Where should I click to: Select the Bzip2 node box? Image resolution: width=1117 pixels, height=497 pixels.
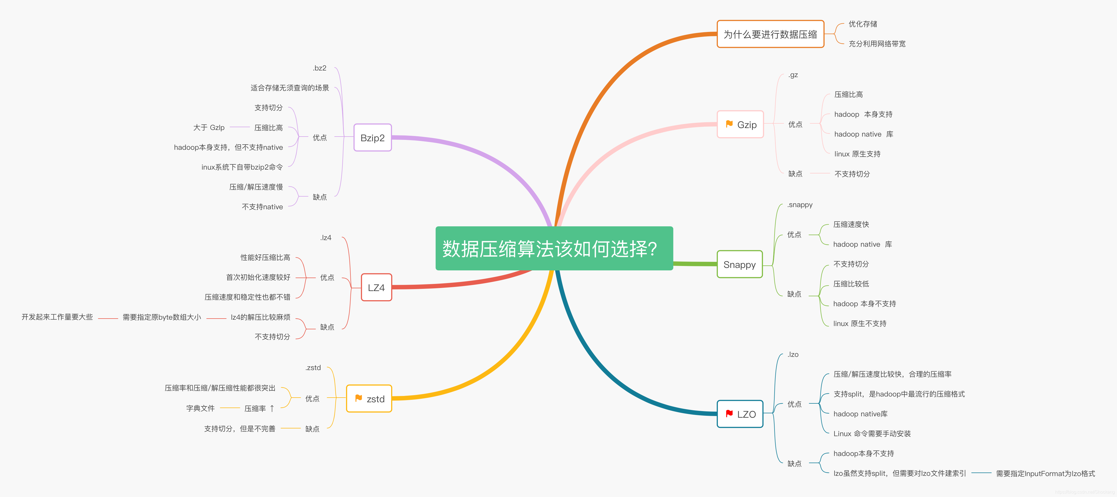coord(372,138)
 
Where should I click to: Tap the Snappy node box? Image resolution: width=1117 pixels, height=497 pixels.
coord(739,264)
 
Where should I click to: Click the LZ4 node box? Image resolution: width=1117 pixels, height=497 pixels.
coord(376,287)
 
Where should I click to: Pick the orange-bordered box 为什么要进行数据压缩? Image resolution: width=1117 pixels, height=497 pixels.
coord(770,34)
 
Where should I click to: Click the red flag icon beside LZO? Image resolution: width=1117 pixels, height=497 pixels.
coord(729,414)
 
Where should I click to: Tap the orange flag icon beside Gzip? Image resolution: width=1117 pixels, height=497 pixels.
coord(729,124)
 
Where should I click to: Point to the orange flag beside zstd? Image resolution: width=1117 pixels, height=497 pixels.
coord(358,398)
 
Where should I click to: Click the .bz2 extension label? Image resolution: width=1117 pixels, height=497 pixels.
coord(320,68)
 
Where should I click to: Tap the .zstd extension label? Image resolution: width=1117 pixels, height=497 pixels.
coord(313,368)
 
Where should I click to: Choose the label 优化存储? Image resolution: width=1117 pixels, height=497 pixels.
coord(863,24)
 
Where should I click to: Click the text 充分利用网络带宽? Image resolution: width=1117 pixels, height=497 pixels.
coord(877,44)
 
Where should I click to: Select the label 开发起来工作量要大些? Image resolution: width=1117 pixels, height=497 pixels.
coord(57,317)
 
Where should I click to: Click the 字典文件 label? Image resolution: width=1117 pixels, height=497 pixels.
coord(200,408)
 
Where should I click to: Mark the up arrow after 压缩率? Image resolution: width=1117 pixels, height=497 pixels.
coord(272,408)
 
